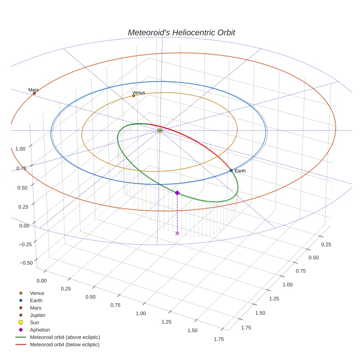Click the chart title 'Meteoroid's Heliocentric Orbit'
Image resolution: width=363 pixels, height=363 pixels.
(181, 32)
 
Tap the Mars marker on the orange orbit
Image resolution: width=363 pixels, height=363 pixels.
(34, 93)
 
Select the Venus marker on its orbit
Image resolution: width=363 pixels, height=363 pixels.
(134, 96)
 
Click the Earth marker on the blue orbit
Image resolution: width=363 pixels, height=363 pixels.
(231, 170)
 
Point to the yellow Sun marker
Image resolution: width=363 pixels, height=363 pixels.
(160, 131)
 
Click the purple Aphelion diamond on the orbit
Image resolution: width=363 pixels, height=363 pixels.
(177, 193)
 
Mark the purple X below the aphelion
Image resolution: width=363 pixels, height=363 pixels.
(177, 233)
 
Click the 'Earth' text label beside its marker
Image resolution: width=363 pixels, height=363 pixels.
(240, 171)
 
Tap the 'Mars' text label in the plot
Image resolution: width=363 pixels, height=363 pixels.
(34, 90)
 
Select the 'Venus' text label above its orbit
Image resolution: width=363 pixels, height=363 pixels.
(139, 93)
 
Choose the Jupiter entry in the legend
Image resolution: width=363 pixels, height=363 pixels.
(38, 315)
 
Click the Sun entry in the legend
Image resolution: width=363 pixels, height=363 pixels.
(34, 323)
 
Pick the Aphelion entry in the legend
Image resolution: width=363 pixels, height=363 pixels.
(40, 330)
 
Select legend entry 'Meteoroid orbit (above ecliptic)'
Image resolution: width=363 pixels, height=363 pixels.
(65, 338)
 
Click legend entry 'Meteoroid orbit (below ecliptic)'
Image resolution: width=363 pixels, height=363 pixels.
(65, 345)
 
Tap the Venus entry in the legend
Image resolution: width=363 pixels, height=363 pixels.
(37, 293)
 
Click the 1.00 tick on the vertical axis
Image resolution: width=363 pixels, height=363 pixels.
(20, 149)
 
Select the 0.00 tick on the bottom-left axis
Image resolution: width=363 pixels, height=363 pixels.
(42, 281)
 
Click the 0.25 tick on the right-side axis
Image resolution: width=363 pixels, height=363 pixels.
(326, 245)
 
